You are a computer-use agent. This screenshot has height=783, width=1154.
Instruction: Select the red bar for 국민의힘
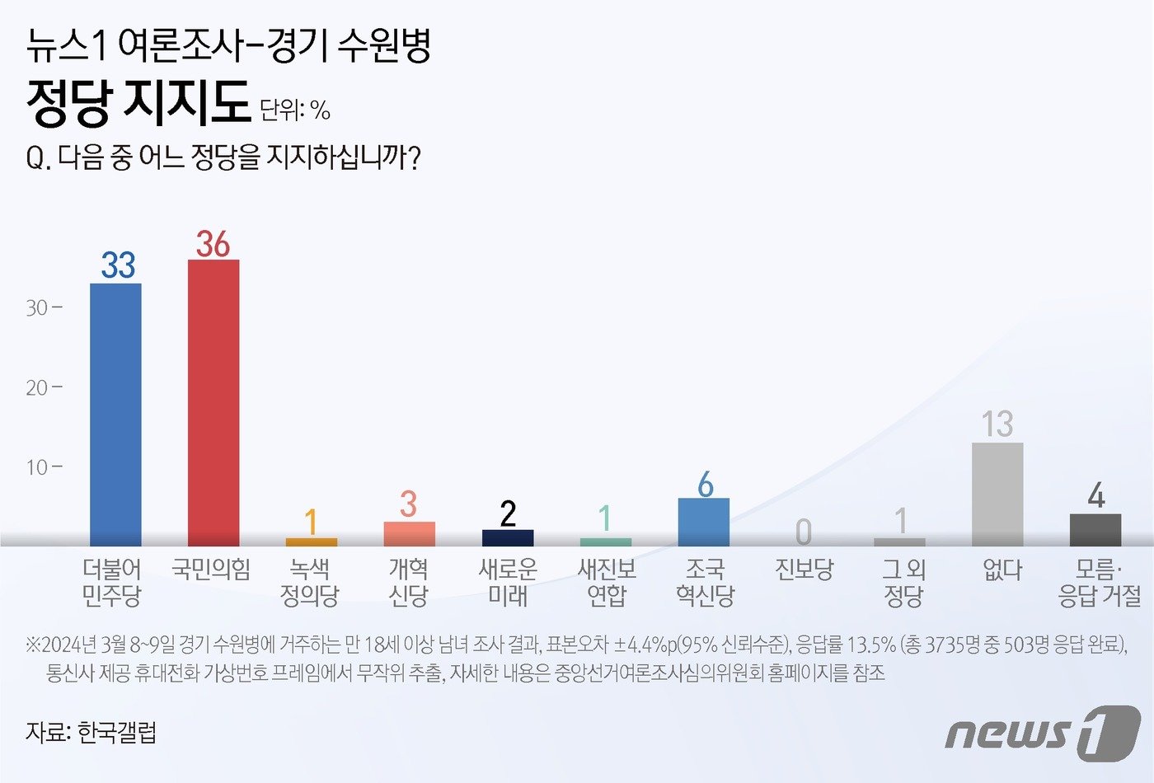coord(213,403)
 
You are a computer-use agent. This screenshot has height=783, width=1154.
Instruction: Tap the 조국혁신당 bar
coord(703,522)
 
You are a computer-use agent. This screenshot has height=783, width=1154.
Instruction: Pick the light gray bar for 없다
coord(997,495)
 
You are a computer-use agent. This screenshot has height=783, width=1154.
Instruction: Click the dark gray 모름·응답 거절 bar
coord(1095,530)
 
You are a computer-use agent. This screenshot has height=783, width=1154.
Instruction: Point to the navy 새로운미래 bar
coord(508,537)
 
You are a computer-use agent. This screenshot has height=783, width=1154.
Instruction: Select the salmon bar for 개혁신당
coord(410,534)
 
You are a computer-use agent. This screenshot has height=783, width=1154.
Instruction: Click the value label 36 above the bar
coord(213,244)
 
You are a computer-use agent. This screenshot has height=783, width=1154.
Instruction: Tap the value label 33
coord(118,265)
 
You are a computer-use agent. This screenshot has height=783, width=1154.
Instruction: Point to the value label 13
coord(997,424)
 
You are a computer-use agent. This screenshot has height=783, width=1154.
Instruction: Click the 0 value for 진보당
coord(804,532)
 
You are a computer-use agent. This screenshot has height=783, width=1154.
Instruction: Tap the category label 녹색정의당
coord(310,582)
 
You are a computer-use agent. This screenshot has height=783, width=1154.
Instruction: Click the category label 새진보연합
coord(607,582)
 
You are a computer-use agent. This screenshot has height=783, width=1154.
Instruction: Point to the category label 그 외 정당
coord(903,582)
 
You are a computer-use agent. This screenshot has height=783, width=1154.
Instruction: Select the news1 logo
coord(1042,731)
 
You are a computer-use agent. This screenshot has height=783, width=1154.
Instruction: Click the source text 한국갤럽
coord(117,732)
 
